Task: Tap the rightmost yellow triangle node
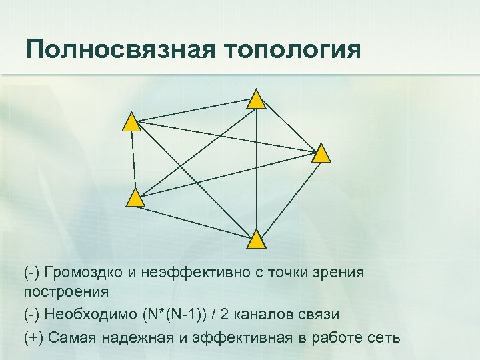(x=322, y=154)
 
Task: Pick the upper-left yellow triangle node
(x=132, y=123)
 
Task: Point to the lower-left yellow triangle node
(x=135, y=198)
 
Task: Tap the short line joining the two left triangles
(x=133, y=160)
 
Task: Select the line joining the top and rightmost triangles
(x=289, y=127)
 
